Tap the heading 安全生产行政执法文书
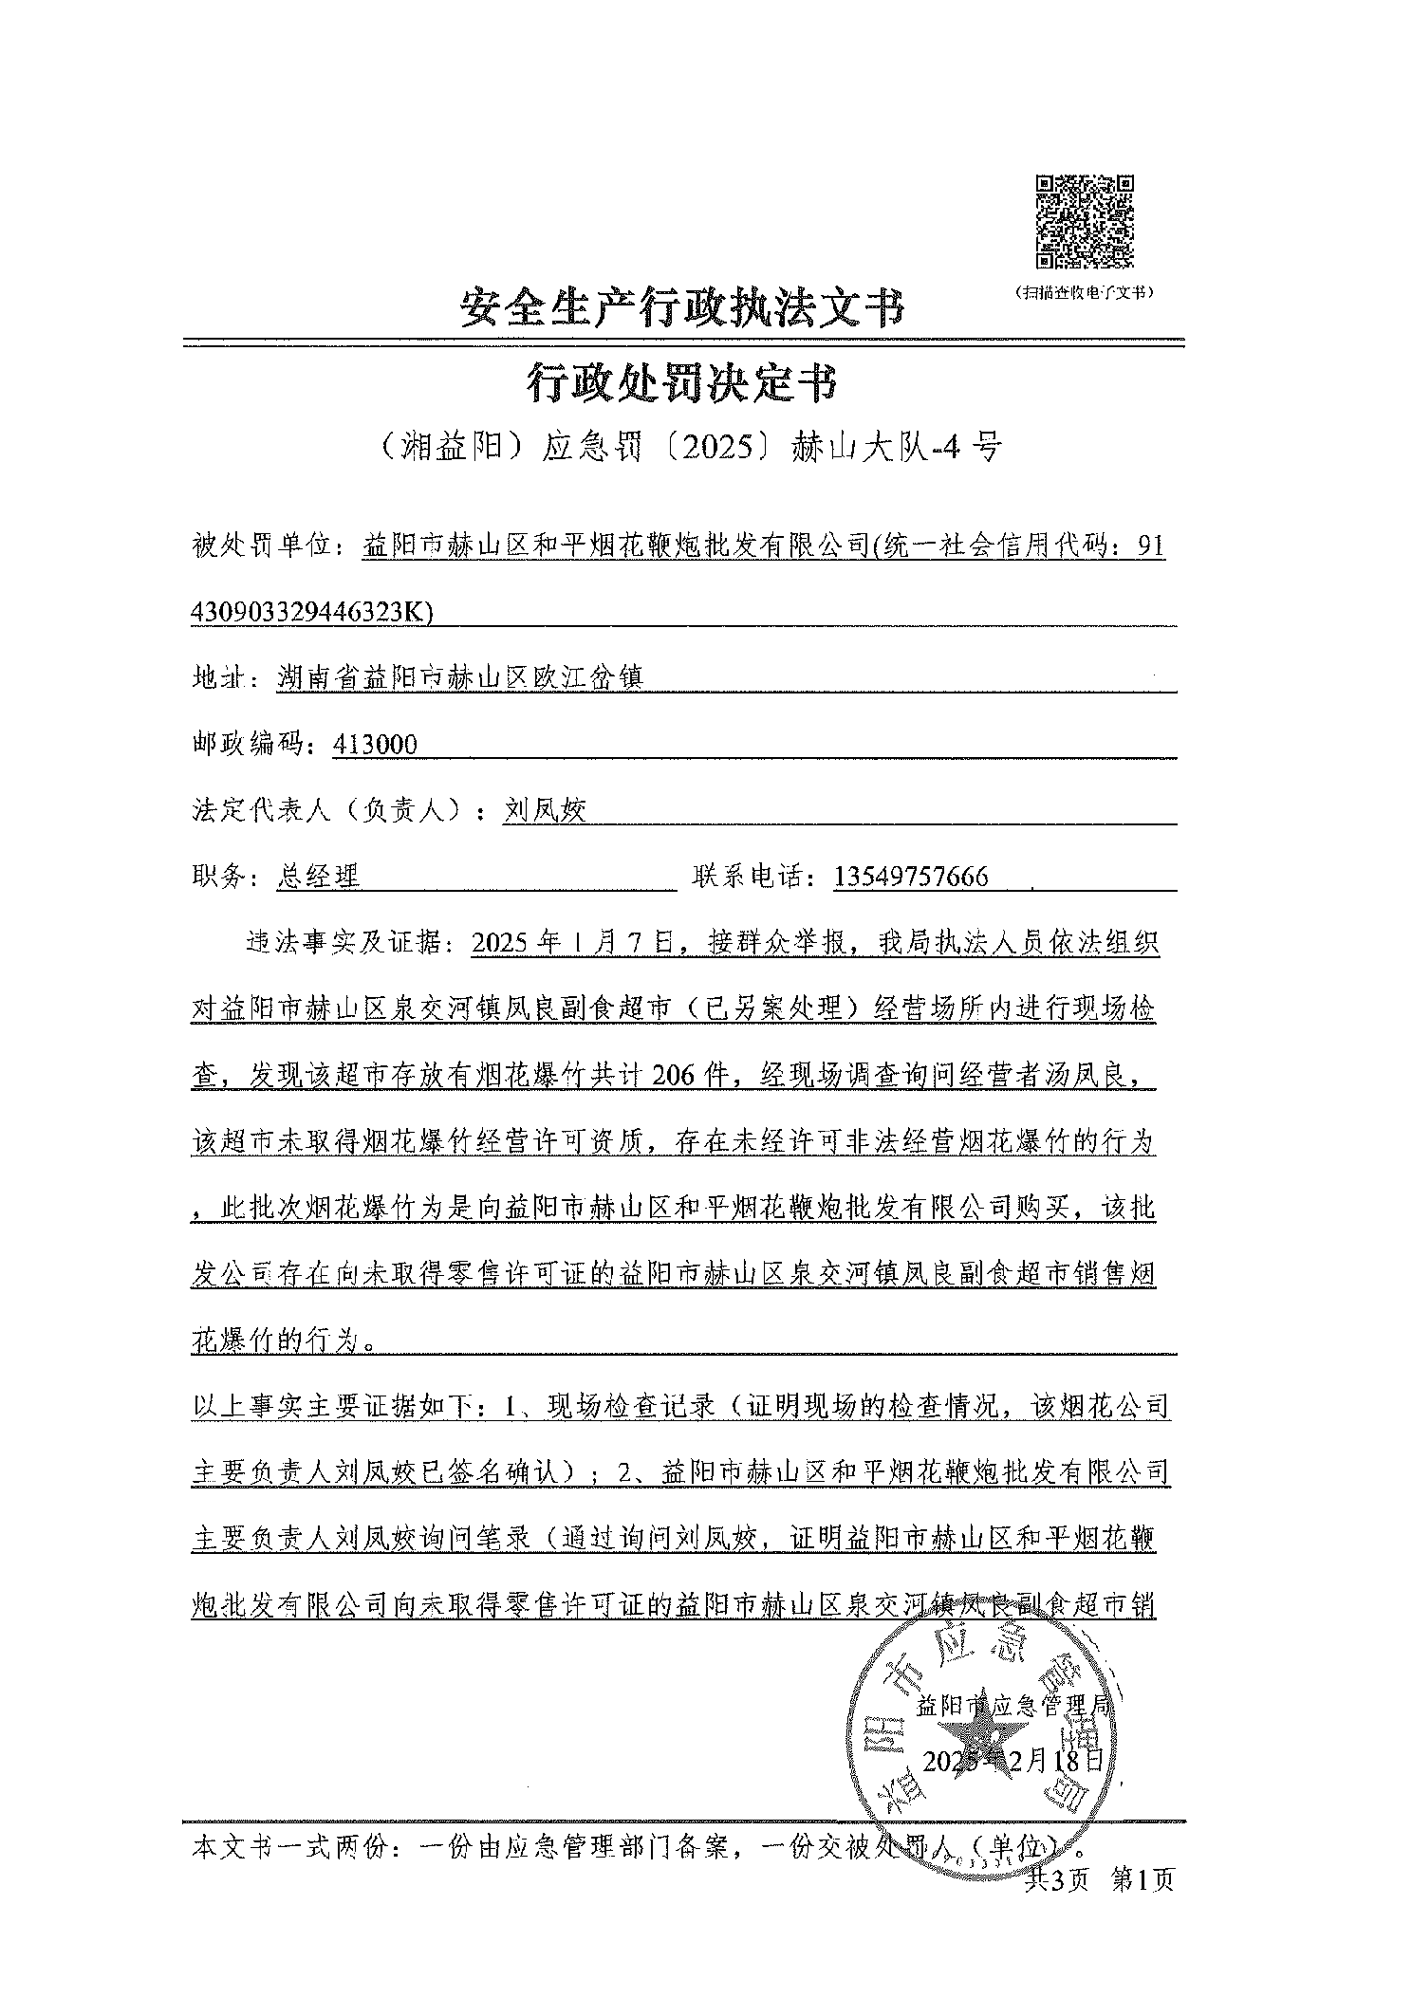682,308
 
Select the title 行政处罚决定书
682,384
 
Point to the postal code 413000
375,745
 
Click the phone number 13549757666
911,877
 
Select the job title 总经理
318,877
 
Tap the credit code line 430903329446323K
312,613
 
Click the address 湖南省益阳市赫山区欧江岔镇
459,678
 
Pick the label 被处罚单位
261,547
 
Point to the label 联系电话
754,877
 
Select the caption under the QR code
1084,292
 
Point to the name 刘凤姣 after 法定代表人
545,810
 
